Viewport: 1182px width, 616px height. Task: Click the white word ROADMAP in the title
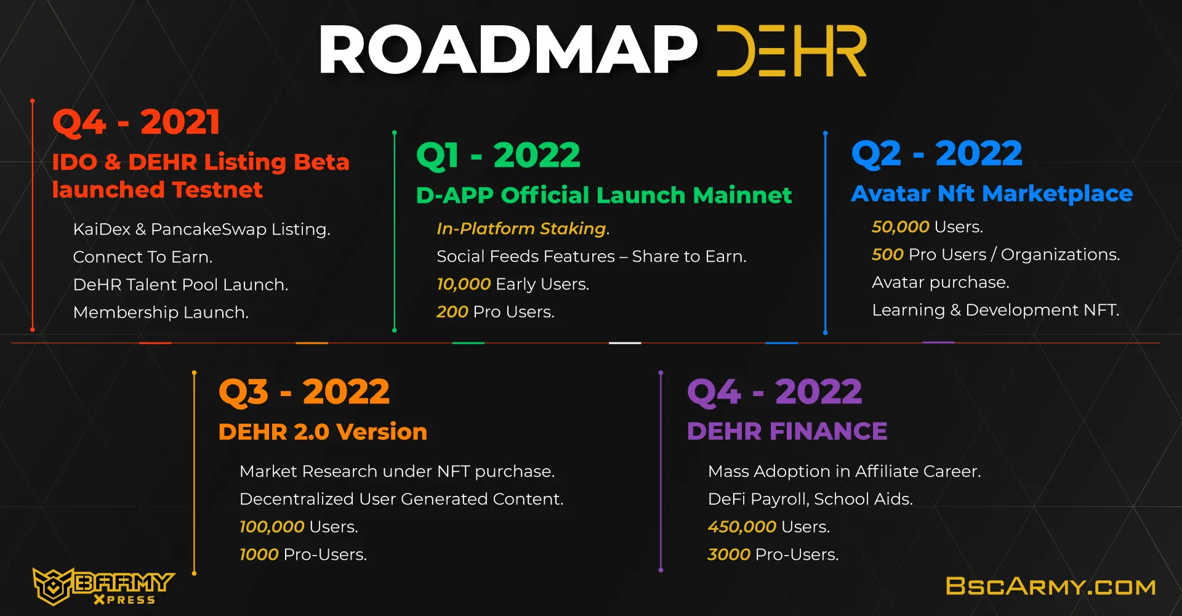coord(508,50)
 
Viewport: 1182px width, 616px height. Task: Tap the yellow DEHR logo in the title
coord(792,51)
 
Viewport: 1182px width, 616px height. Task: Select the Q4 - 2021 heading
coord(136,122)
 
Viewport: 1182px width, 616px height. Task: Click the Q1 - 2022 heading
coord(498,155)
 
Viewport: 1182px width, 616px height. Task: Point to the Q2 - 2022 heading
coord(936,153)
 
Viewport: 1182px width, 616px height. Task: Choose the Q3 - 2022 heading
coord(304,392)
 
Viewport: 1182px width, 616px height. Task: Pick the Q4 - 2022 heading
coord(774,392)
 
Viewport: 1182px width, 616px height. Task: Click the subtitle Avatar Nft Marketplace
coord(992,194)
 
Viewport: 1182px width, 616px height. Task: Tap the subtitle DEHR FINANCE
coord(787,431)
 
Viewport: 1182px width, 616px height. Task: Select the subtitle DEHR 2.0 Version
coord(323,432)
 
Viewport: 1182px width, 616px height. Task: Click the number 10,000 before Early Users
coord(464,284)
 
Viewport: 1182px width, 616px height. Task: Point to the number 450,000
coord(742,527)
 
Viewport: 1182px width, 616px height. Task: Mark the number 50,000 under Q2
coord(900,227)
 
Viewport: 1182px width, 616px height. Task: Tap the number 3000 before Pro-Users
coord(729,554)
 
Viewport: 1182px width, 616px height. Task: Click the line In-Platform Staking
coord(523,229)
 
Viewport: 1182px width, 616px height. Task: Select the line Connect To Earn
coord(143,257)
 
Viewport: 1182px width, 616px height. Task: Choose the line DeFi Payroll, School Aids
coord(810,499)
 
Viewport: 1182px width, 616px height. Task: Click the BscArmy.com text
coord(1051,586)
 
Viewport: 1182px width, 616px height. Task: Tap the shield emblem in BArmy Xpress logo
coord(53,586)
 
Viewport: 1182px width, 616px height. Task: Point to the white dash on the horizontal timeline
coord(625,343)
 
